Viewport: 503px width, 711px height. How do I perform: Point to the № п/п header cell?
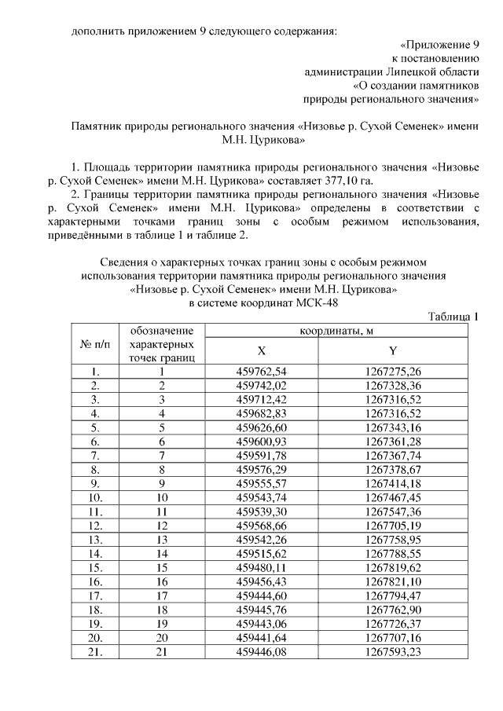[95, 344]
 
